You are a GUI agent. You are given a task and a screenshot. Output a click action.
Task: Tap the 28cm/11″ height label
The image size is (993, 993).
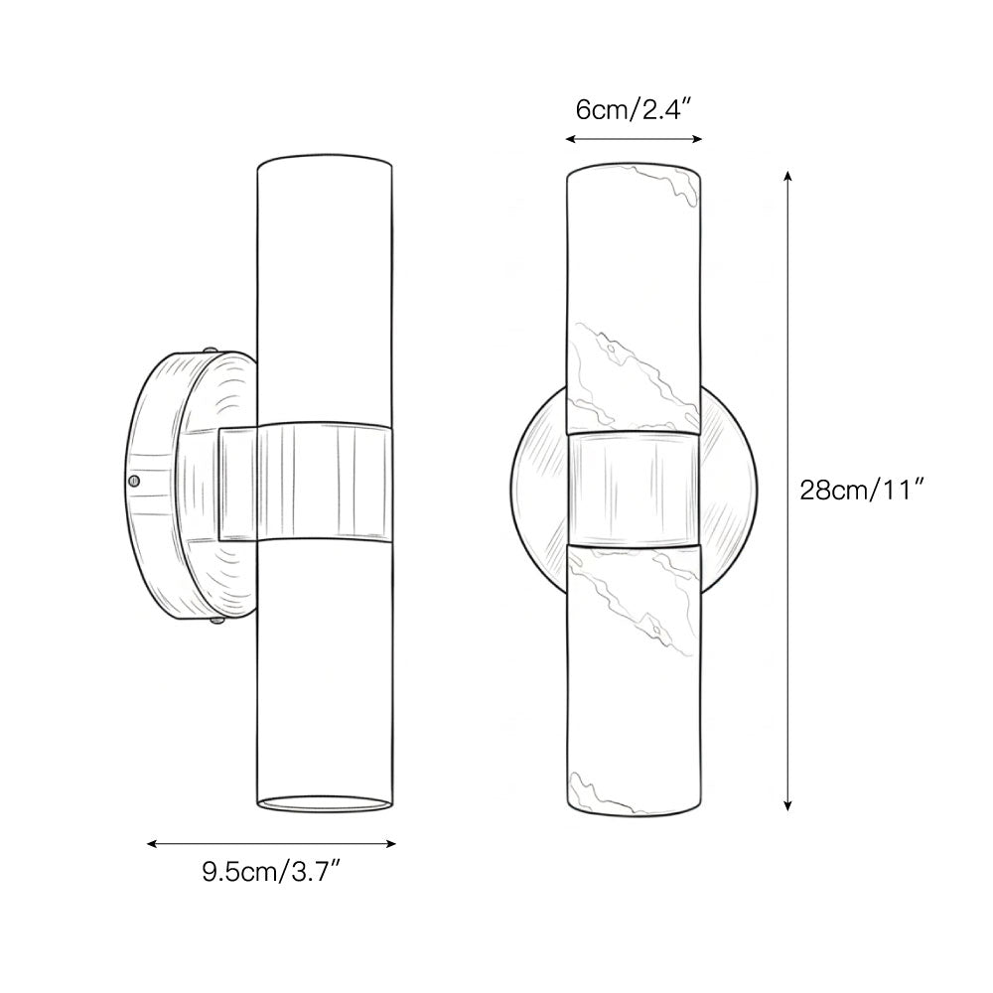pyautogui.click(x=863, y=490)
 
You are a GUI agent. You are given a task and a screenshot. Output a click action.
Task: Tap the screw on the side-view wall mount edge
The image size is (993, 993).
pyautogui.click(x=134, y=481)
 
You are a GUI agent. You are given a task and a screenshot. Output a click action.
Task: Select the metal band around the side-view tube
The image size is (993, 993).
pyautogui.click(x=303, y=485)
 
